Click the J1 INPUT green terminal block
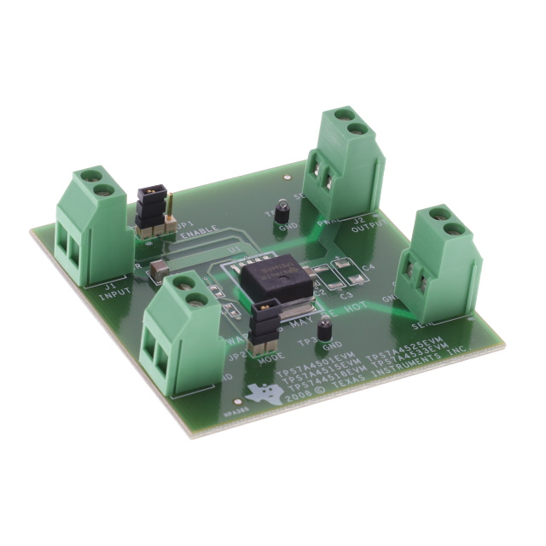tap(90, 226)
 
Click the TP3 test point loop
tap(324, 329)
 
